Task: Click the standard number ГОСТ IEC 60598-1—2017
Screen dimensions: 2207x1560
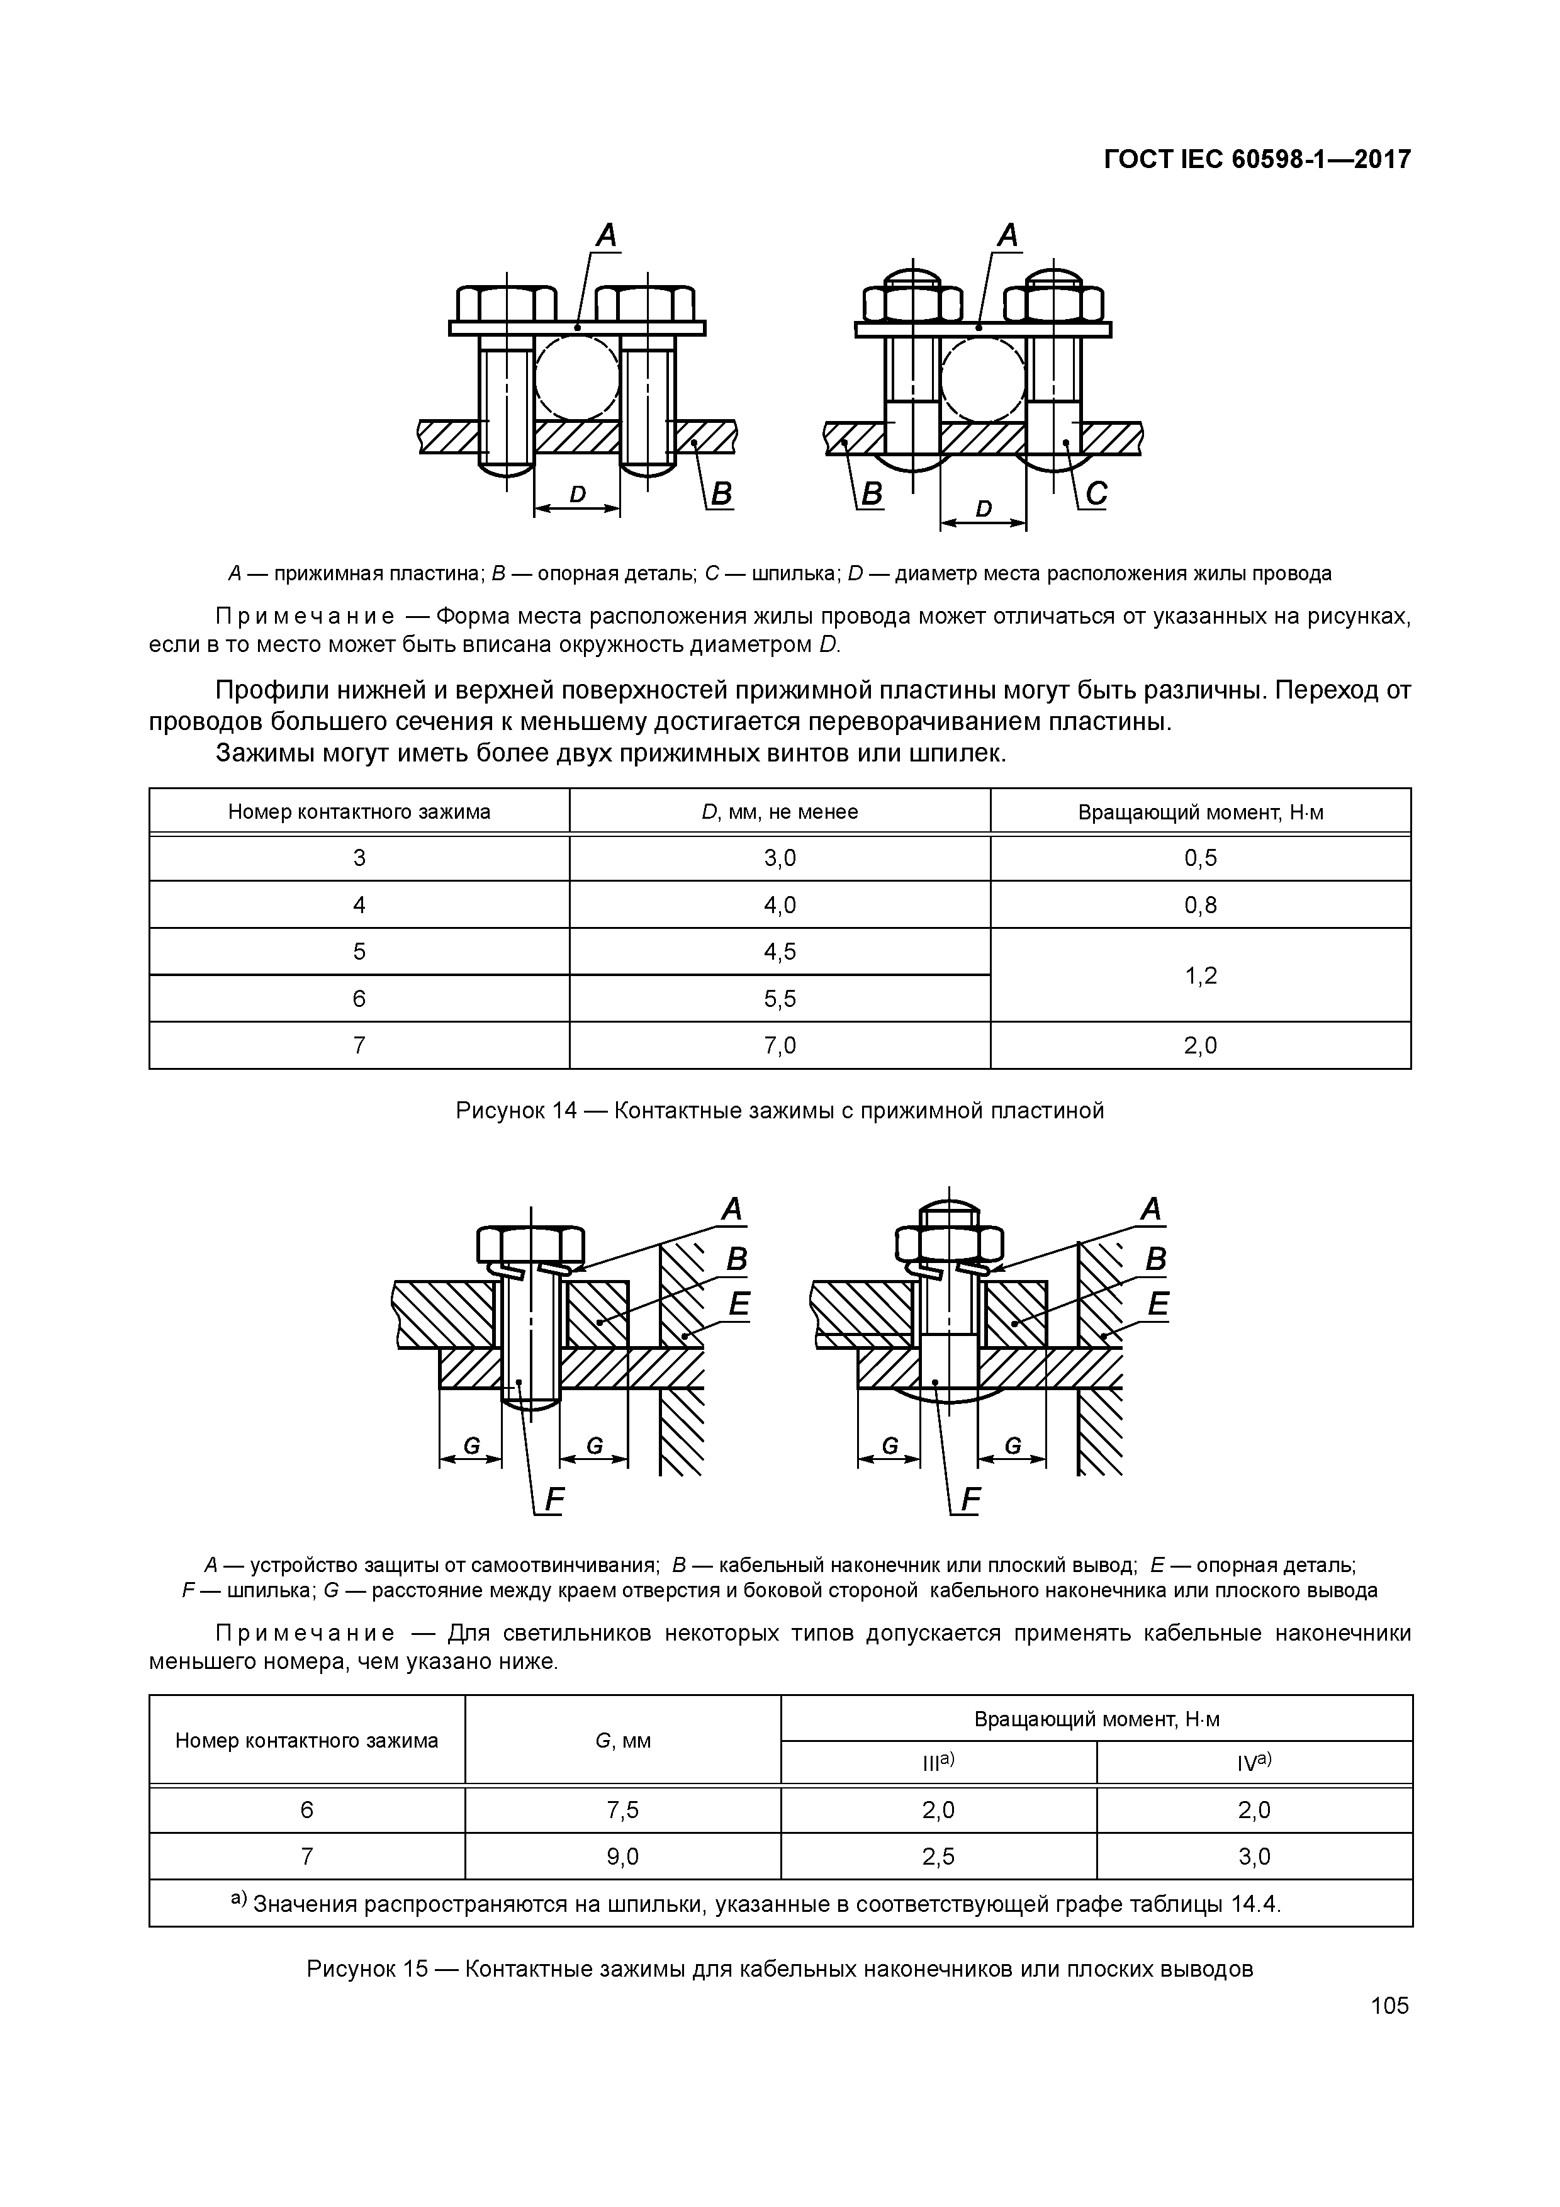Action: tap(1256, 159)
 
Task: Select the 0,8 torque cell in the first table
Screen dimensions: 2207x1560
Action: tap(1201, 904)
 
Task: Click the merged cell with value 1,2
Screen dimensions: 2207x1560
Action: tap(1201, 975)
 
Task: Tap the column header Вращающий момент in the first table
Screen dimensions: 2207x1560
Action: tap(1201, 812)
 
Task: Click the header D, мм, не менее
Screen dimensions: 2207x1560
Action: tap(780, 812)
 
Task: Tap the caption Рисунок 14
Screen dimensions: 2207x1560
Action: tap(780, 1111)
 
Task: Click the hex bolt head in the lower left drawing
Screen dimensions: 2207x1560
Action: tap(530, 1246)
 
